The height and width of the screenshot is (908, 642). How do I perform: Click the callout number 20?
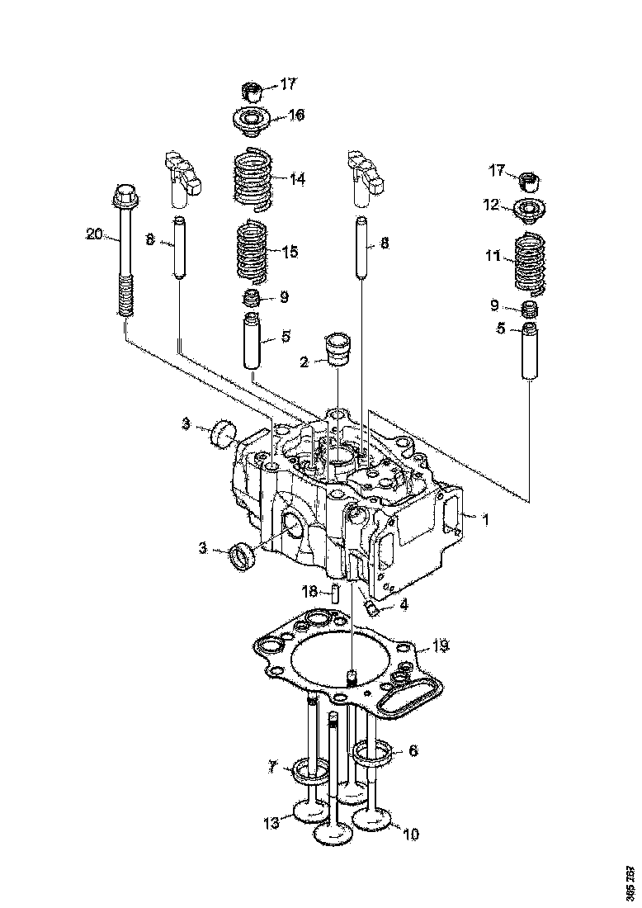coord(94,234)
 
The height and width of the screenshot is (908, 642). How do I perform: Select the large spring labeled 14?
coord(250,177)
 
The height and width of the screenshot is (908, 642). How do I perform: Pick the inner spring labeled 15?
coord(250,251)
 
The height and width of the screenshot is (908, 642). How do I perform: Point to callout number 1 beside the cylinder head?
coord(486,520)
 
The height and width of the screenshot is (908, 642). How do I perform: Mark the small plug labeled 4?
coord(372,609)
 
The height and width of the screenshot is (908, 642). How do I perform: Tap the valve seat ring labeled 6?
coord(372,751)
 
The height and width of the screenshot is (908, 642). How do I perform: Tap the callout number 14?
coord(296,178)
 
